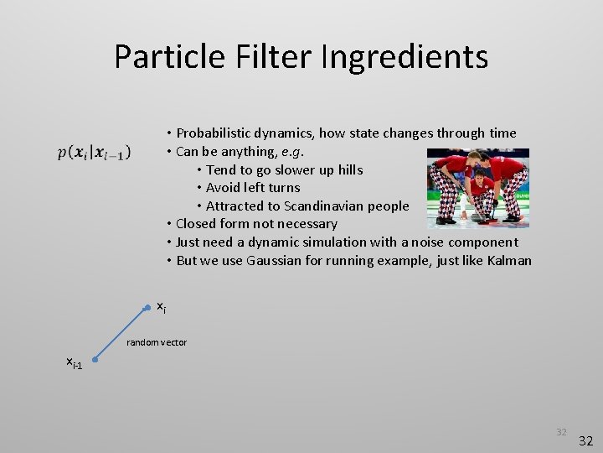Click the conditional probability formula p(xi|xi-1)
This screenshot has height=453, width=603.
[94, 153]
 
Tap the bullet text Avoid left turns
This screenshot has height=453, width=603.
[252, 188]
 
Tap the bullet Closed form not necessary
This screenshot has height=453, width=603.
[256, 224]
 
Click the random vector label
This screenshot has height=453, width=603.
[156, 342]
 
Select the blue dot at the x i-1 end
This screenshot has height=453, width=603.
[95, 362]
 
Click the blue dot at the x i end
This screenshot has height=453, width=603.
[147, 307]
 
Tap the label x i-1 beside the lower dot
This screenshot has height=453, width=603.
[75, 362]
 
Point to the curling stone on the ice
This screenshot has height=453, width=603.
[478, 216]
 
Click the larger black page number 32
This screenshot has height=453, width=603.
[585, 440]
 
